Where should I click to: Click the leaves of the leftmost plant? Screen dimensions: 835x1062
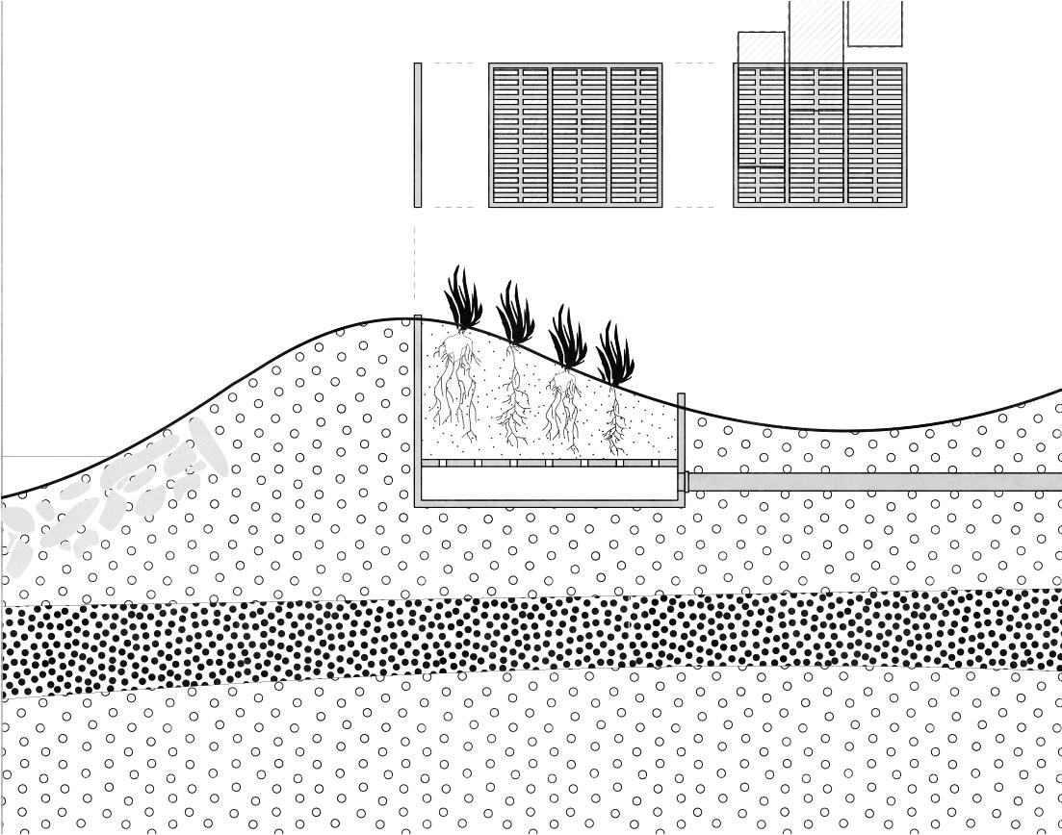coord(464,303)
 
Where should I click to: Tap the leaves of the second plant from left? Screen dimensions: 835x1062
coord(516,317)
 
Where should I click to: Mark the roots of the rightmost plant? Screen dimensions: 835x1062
coord(614,423)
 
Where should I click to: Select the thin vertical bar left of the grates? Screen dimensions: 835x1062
coord(418,135)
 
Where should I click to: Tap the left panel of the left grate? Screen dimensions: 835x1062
coord(520,135)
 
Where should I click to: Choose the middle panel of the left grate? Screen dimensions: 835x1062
coord(579,135)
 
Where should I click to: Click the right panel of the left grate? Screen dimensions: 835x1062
coord(635,135)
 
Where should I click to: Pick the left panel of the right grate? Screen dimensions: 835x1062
coord(762,135)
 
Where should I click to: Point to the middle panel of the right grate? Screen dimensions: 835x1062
coord(816,135)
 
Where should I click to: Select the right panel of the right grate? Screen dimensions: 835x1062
coord(875,135)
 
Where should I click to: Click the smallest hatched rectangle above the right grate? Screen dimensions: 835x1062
coord(761,48)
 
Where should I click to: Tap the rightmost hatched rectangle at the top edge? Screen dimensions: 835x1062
coord(874,23)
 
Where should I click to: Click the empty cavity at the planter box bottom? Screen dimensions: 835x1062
coord(549,485)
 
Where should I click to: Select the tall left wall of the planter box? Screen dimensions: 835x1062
coord(418,409)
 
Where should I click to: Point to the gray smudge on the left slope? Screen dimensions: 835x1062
coord(116,500)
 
